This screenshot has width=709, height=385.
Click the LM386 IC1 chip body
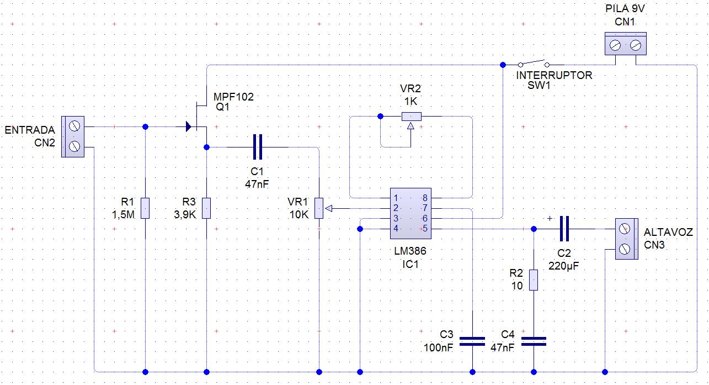pyautogui.click(x=410, y=213)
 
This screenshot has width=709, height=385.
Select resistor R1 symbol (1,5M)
pyautogui.click(x=145, y=208)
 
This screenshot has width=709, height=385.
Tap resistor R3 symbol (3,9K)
pyautogui.click(x=206, y=208)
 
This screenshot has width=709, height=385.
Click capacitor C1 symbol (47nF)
pyautogui.click(x=257, y=147)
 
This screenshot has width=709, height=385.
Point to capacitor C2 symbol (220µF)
pyautogui.click(x=564, y=229)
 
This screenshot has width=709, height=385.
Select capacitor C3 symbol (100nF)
pyautogui.click(x=472, y=341)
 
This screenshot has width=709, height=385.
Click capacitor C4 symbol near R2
pyautogui.click(x=534, y=341)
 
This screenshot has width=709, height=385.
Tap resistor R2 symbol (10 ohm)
pyautogui.click(x=534, y=279)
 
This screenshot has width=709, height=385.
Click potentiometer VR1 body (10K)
pyautogui.click(x=319, y=208)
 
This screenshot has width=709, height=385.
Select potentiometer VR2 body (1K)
pyautogui.click(x=411, y=116)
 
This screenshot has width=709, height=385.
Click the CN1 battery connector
pyautogui.click(x=625, y=44)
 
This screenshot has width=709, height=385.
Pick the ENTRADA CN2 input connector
pyautogui.click(x=73, y=136)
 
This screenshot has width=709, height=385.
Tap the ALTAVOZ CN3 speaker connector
pyautogui.click(x=626, y=239)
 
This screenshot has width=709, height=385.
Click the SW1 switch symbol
pyautogui.click(x=533, y=64)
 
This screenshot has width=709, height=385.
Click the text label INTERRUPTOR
pyautogui.click(x=554, y=76)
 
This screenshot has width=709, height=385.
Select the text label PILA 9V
pyautogui.click(x=625, y=10)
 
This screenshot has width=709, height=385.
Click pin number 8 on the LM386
pyautogui.click(x=425, y=198)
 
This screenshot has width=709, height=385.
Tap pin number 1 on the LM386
pyautogui.click(x=396, y=198)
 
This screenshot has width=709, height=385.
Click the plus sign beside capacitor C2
pyautogui.click(x=549, y=218)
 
